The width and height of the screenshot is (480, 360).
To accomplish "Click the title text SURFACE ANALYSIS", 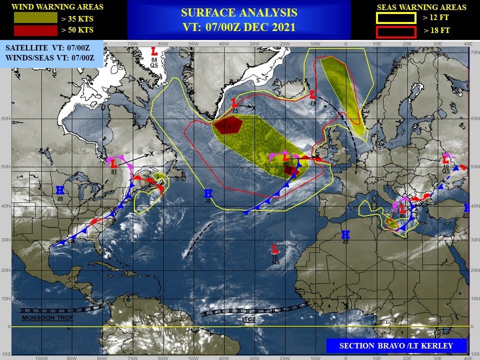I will tap(239, 13).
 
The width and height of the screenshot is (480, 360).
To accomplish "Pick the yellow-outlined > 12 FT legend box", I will tap(395, 18).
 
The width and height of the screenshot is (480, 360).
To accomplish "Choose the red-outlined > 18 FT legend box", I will tap(395, 31).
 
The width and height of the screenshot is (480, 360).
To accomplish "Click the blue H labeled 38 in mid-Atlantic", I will tap(208, 193).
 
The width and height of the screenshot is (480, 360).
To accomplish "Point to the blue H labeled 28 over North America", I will tap(60, 190).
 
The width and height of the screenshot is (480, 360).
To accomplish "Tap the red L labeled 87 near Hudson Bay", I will tap(113, 163).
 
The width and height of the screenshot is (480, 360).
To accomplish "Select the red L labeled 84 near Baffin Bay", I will tap(154, 51).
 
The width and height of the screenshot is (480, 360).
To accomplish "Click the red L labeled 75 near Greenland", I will tap(234, 103).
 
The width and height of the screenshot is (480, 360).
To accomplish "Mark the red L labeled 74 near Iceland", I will tap(312, 94).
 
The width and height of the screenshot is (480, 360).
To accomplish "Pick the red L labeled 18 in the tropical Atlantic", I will tap(274, 248).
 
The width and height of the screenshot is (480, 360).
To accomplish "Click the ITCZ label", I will tap(248, 318).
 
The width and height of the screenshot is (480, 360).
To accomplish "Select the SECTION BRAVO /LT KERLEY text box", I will tap(396, 345).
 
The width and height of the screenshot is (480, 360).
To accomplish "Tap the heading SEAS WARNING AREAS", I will tap(421, 7).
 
